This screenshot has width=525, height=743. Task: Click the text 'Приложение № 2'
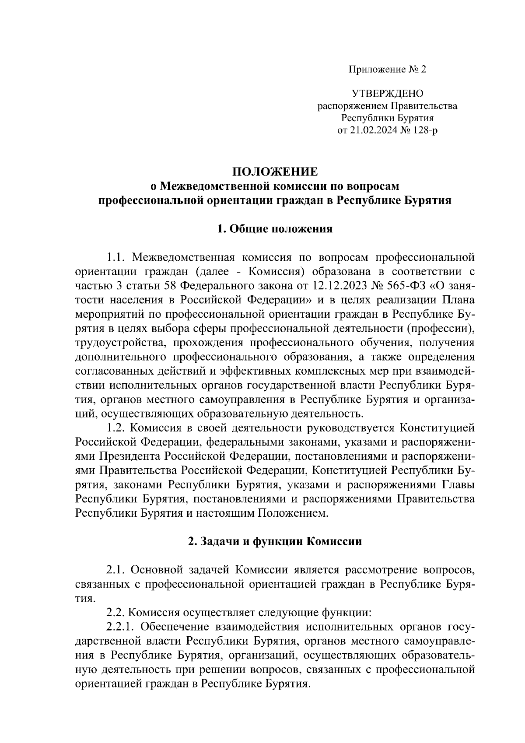tap(387, 70)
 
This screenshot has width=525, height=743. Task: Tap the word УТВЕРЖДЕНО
tap(387, 94)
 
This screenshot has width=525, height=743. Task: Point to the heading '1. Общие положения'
tap(275, 229)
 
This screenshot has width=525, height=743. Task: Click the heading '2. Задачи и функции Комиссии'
tap(275, 541)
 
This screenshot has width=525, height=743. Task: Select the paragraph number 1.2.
tap(117, 427)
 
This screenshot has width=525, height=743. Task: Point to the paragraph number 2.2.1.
tap(120, 627)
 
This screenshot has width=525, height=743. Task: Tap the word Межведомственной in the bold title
tap(213, 186)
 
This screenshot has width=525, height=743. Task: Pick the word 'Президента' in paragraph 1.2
tap(130, 456)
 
